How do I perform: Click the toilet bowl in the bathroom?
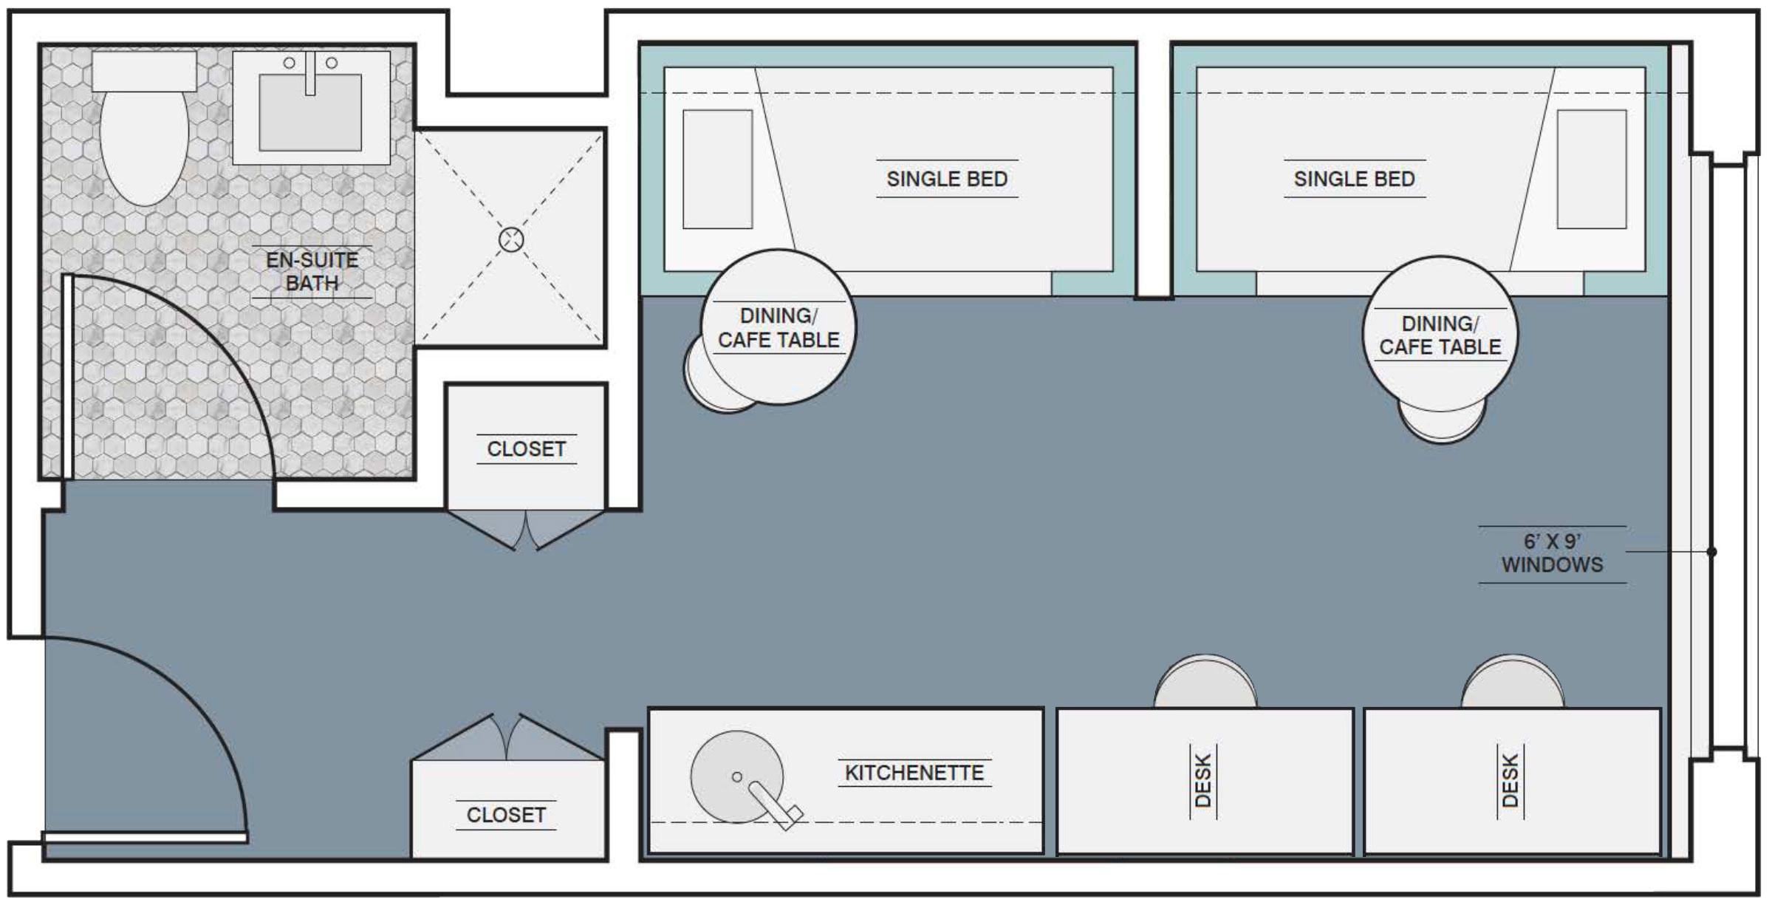click(x=144, y=148)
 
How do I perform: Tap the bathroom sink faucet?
click(x=310, y=73)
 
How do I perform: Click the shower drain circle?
click(x=511, y=239)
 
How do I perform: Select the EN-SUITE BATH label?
click(x=312, y=271)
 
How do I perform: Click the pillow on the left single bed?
click(x=717, y=169)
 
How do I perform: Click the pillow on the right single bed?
click(x=1592, y=169)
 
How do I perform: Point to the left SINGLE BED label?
click(x=947, y=179)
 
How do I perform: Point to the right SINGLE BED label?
click(x=1354, y=179)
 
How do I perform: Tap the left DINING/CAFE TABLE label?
click(x=779, y=328)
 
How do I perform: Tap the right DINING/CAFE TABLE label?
click(x=1440, y=335)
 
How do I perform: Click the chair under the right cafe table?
click(x=1441, y=425)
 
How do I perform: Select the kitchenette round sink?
click(x=736, y=776)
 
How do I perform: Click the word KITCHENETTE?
click(x=914, y=773)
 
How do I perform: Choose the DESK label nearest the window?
click(x=1510, y=780)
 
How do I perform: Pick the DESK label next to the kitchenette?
click(x=1203, y=780)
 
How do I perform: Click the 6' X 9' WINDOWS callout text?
click(x=1552, y=553)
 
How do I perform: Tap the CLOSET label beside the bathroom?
click(x=526, y=449)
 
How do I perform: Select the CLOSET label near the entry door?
click(x=506, y=815)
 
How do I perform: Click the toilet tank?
click(x=144, y=71)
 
